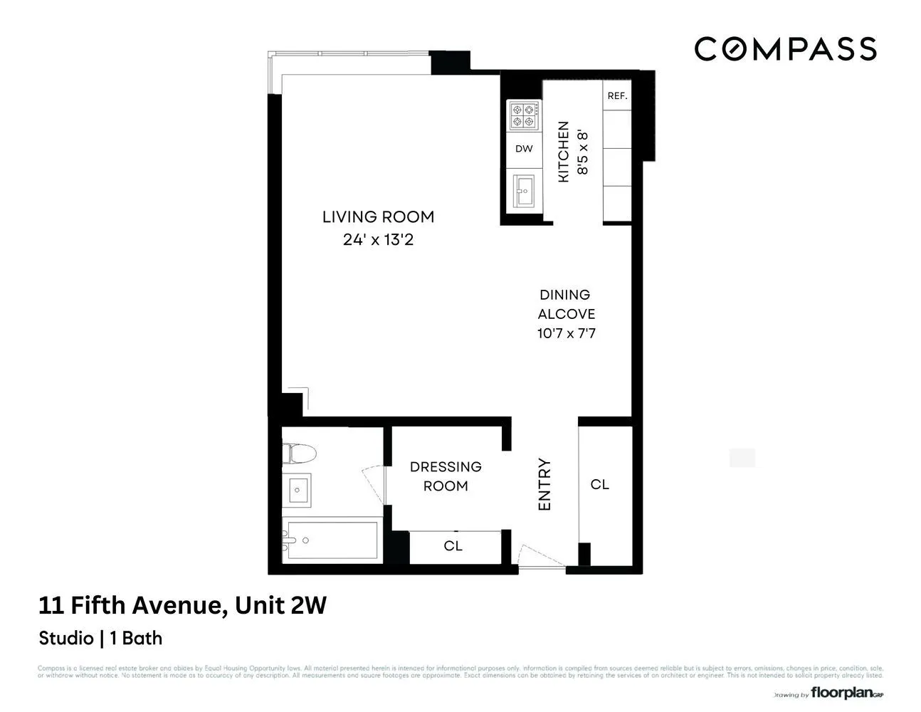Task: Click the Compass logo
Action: [x=785, y=49]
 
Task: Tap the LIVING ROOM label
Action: [x=378, y=216]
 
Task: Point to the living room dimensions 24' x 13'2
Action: [x=378, y=240]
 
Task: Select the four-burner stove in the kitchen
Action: [x=524, y=115]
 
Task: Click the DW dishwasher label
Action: [x=524, y=149]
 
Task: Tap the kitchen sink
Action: [x=524, y=190]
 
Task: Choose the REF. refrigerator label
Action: [x=617, y=95]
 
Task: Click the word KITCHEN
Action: [x=563, y=151]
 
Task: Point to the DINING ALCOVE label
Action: [x=566, y=304]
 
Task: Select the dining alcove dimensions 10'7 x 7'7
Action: [x=566, y=333]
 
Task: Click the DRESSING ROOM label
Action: [x=446, y=476]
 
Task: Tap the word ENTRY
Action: [x=544, y=484]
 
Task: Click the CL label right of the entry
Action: [x=600, y=484]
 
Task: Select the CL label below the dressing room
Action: [x=453, y=546]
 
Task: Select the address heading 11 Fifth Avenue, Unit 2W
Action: [x=182, y=605]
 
